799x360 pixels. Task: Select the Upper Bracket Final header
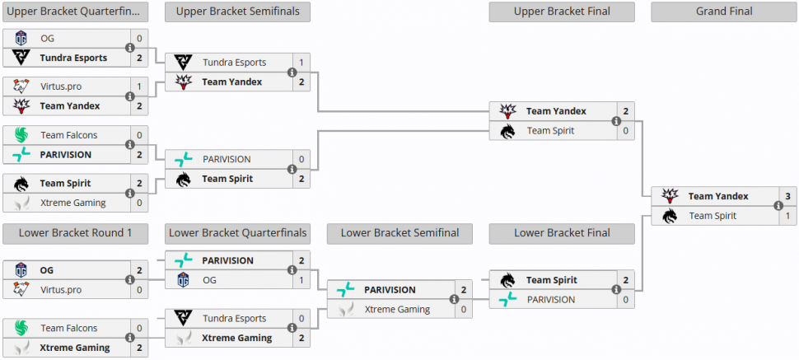click(x=562, y=12)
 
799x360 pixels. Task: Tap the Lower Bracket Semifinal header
click(x=400, y=233)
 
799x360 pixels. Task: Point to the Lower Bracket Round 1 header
click(x=75, y=233)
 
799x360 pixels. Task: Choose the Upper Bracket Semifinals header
click(x=237, y=12)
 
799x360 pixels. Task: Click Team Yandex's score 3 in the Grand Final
click(x=787, y=196)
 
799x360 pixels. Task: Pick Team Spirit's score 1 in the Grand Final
click(x=787, y=216)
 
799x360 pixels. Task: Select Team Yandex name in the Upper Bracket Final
click(x=556, y=111)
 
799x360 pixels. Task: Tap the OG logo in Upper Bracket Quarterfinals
click(x=21, y=39)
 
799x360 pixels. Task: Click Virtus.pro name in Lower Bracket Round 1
click(x=60, y=290)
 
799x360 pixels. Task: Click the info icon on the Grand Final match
click(x=778, y=206)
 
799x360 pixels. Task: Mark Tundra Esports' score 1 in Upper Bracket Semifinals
click(x=302, y=63)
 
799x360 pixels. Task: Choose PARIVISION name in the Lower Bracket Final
click(x=551, y=300)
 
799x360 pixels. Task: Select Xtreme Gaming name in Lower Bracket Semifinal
click(x=397, y=310)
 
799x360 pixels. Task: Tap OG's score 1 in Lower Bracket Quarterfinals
click(x=302, y=280)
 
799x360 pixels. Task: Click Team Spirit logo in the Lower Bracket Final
click(x=507, y=280)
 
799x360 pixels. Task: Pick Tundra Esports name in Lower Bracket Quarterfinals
click(x=235, y=319)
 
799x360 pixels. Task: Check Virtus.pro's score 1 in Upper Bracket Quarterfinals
click(x=140, y=86)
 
